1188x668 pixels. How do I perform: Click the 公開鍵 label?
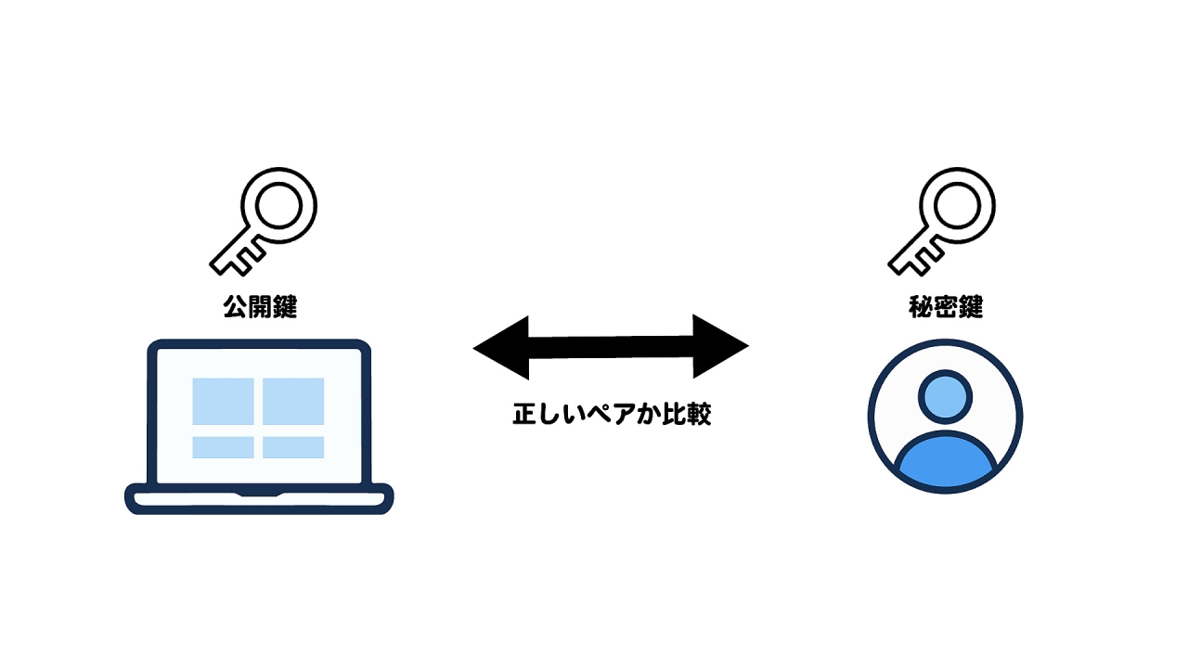point(260,307)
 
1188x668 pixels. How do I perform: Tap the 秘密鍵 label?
point(946,307)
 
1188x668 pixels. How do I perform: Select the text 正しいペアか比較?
point(612,414)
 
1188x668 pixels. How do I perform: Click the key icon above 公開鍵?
point(263,222)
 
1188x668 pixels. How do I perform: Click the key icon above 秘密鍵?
point(941,222)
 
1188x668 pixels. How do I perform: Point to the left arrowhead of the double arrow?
point(501,348)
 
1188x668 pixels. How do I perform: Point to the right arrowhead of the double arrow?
point(721,346)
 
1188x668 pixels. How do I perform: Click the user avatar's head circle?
point(945,396)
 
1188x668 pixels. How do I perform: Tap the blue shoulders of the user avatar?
point(946,459)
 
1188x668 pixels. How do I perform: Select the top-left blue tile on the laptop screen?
point(223,402)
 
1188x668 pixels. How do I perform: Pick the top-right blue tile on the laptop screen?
point(293,402)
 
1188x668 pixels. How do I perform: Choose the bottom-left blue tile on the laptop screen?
point(223,447)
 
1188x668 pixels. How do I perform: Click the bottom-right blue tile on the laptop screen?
point(293,447)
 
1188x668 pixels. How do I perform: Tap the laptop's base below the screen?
point(259,499)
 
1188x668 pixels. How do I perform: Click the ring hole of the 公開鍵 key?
point(279,206)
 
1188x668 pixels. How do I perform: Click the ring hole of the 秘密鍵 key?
point(957,206)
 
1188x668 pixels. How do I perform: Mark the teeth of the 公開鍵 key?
point(245,259)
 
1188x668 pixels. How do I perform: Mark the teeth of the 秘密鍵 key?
point(923,259)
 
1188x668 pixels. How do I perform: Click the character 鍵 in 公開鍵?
point(285,307)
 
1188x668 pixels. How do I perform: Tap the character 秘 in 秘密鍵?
point(921,307)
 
